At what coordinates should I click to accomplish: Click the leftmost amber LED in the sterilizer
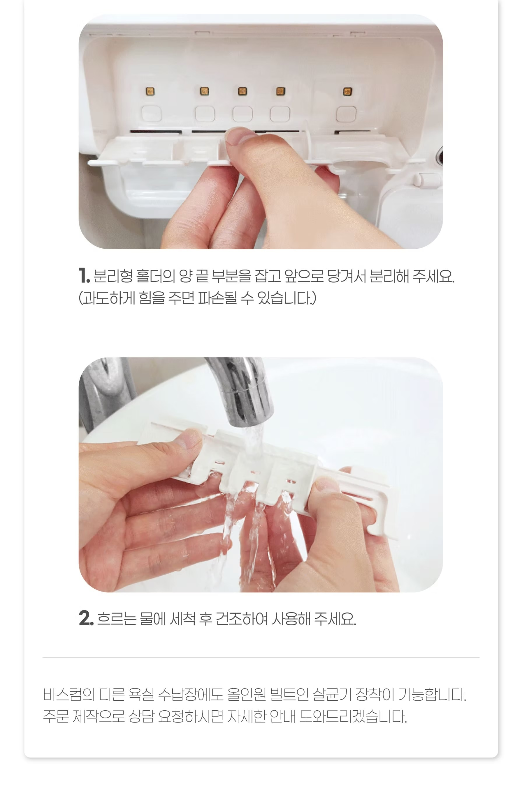[x=150, y=91]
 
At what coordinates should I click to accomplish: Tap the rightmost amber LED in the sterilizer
[x=347, y=91]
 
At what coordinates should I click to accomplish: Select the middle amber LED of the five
[x=242, y=91]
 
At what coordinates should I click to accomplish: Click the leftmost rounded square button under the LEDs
[x=152, y=114]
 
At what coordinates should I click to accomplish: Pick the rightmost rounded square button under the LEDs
[x=346, y=114]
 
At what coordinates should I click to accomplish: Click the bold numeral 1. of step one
[x=84, y=275]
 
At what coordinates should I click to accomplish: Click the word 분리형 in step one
[x=113, y=276]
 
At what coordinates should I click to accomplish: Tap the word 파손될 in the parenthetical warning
[x=217, y=298]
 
